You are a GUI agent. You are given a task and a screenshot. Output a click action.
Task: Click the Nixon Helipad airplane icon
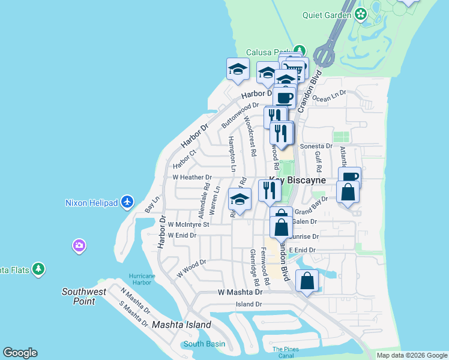click(x=127, y=202)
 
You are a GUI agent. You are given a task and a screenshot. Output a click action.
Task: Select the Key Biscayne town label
click(x=297, y=180)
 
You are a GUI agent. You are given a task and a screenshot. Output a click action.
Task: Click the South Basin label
click(x=204, y=344)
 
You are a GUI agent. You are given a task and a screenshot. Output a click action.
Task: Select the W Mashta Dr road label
click(x=240, y=292)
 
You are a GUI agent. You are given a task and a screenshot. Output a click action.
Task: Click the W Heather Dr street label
click(x=192, y=178)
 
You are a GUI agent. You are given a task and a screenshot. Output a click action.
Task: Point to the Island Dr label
click(x=249, y=304)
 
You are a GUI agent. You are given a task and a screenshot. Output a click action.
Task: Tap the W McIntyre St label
click(x=188, y=224)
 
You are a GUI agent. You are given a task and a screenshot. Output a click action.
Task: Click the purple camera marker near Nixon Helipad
click(x=79, y=245)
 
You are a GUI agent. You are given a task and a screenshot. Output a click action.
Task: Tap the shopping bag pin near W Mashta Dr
click(x=307, y=280)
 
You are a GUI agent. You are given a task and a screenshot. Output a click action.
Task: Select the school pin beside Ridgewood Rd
click(x=240, y=200)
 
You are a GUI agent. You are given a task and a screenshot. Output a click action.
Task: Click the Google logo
click(x=20, y=353)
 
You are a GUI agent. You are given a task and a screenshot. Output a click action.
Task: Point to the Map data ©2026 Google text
click(x=412, y=355)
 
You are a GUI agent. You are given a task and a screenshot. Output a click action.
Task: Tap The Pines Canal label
click(x=285, y=353)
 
